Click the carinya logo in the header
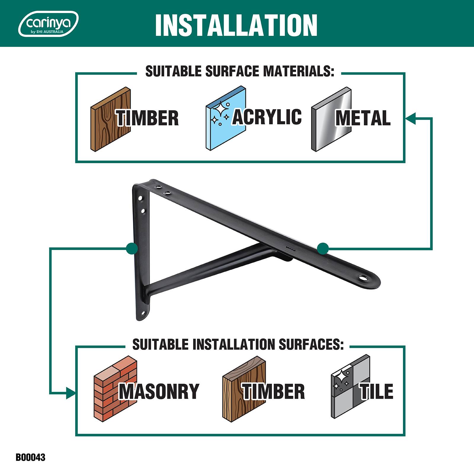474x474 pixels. pos(48,24)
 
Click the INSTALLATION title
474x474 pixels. pos(236,25)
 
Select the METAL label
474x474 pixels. pos(363,118)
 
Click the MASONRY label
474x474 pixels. pos(159,391)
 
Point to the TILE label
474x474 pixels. pos(377,391)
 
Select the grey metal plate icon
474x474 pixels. pos(332,119)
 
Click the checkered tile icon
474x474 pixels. pos(350,387)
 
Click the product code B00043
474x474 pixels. pos(31,457)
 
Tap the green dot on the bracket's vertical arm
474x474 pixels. pos(132,248)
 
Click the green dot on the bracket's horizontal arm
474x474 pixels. pos(323,248)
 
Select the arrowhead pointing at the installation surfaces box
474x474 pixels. pos(71,393)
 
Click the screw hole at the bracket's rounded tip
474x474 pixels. pos(363,278)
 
